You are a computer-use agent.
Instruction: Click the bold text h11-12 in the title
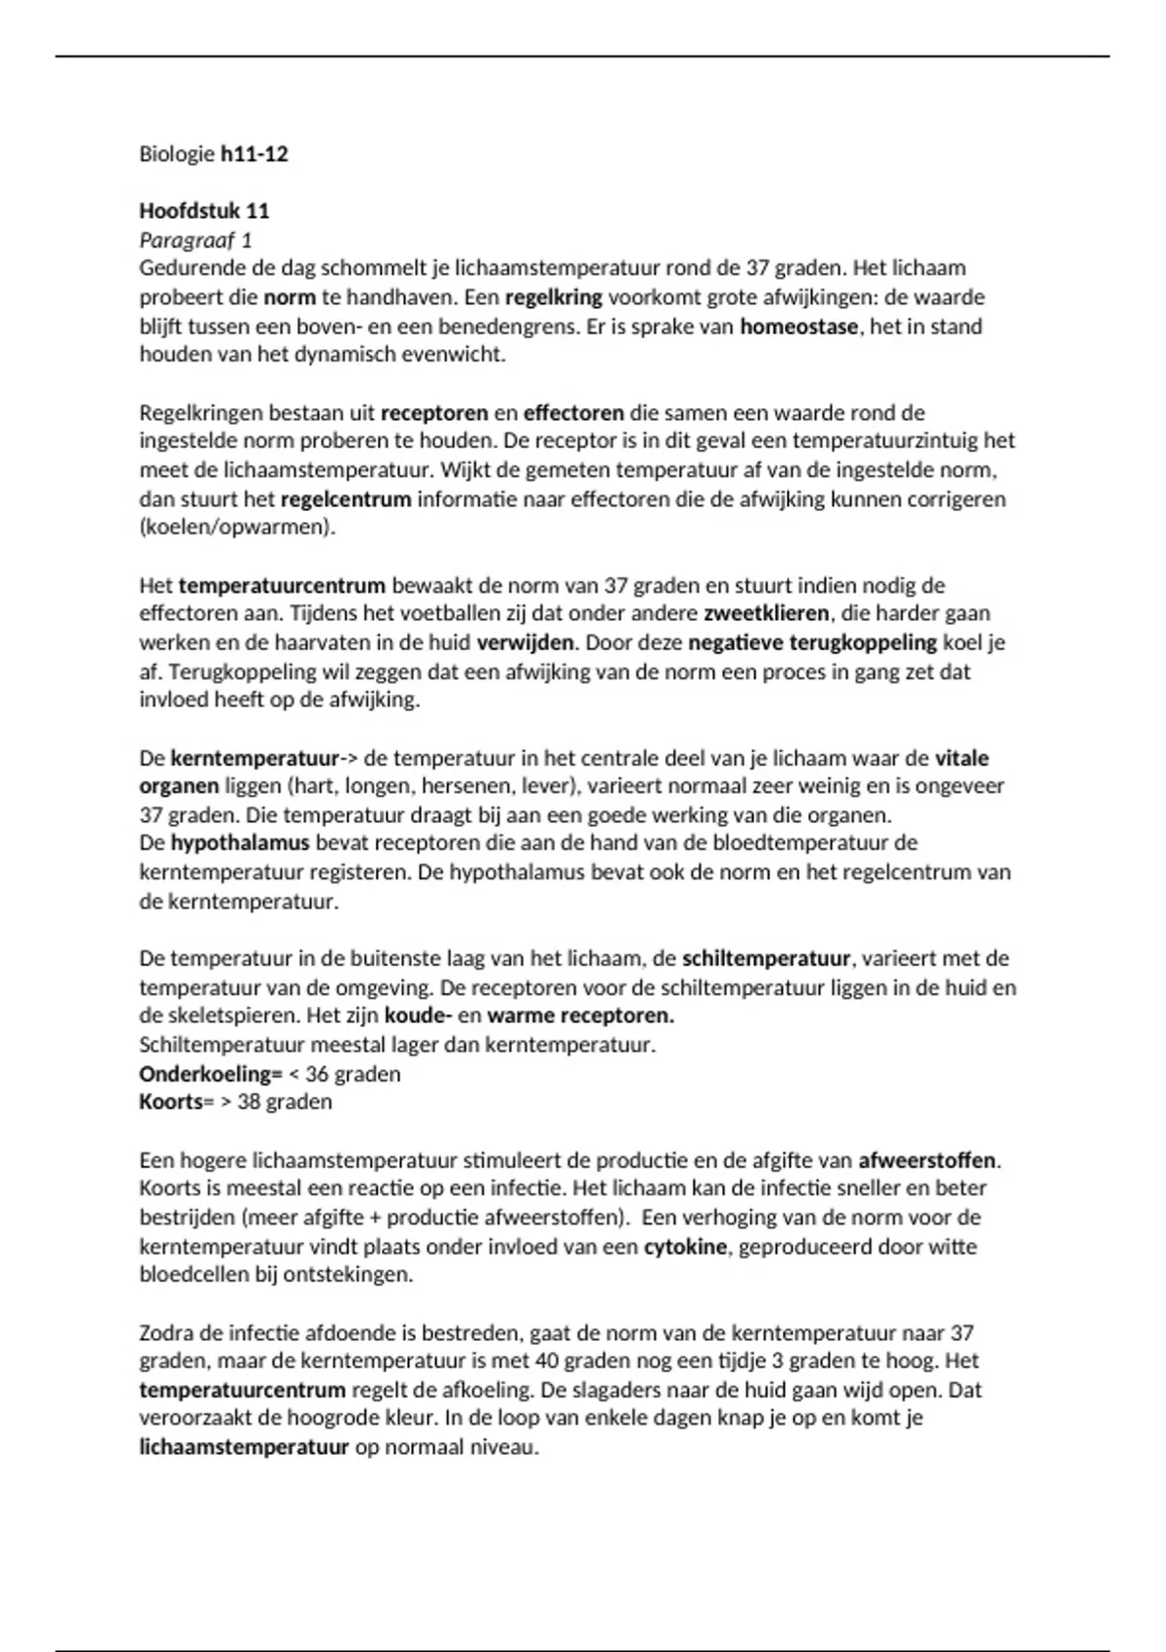click(x=255, y=154)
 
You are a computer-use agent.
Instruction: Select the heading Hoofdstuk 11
click(x=204, y=211)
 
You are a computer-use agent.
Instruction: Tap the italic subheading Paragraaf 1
click(x=195, y=240)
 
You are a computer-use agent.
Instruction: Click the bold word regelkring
click(x=554, y=297)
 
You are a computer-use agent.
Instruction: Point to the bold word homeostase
click(x=799, y=327)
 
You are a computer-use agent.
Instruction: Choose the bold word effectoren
click(x=573, y=413)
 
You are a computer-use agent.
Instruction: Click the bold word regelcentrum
click(x=346, y=499)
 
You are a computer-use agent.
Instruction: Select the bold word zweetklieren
click(x=766, y=614)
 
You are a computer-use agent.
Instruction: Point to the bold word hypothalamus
click(x=240, y=843)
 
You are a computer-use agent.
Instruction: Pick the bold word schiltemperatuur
click(x=766, y=959)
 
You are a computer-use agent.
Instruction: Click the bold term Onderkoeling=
click(x=210, y=1074)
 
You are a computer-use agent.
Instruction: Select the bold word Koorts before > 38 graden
click(x=171, y=1102)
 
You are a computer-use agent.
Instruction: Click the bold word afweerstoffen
click(x=927, y=1160)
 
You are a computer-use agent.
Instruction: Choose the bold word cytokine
click(x=685, y=1247)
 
